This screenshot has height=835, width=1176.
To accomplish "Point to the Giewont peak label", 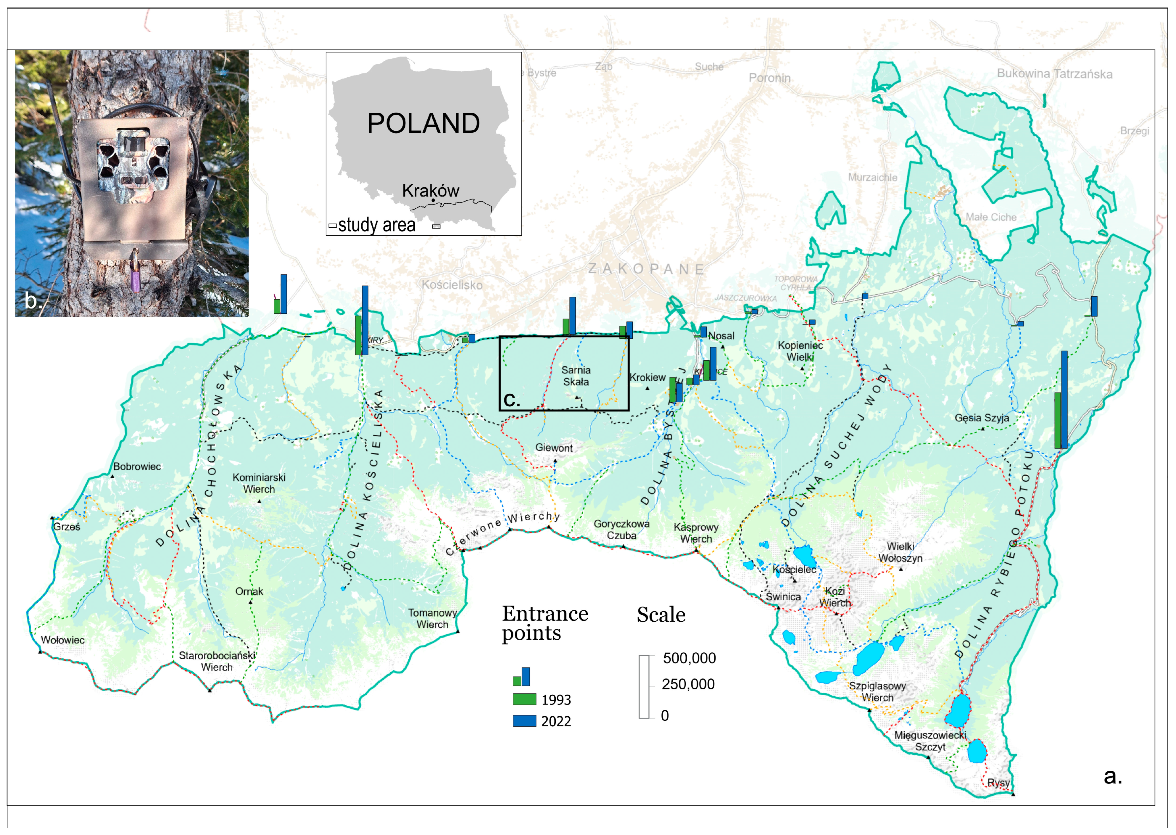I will click(554, 448).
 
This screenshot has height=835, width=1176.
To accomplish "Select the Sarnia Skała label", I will click(576, 376).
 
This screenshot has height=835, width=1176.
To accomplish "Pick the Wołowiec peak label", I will click(63, 640).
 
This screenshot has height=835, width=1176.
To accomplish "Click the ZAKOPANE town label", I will click(646, 269).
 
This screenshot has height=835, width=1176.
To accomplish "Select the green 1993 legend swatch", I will click(524, 699).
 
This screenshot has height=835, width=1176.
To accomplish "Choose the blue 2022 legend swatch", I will click(524, 721).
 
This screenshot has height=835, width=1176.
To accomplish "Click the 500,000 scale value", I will click(689, 658).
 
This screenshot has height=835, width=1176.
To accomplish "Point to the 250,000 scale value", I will click(688, 684).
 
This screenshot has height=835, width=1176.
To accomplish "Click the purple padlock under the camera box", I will click(136, 280).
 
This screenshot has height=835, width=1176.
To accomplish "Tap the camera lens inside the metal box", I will click(126, 181).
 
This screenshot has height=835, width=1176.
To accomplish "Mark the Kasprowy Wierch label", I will click(696, 533).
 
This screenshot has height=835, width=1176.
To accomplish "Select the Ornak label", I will click(249, 592).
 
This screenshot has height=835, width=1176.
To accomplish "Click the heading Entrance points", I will click(545, 623).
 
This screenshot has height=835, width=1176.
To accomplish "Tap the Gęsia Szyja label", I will click(982, 418).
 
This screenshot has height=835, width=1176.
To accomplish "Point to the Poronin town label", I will click(769, 78).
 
